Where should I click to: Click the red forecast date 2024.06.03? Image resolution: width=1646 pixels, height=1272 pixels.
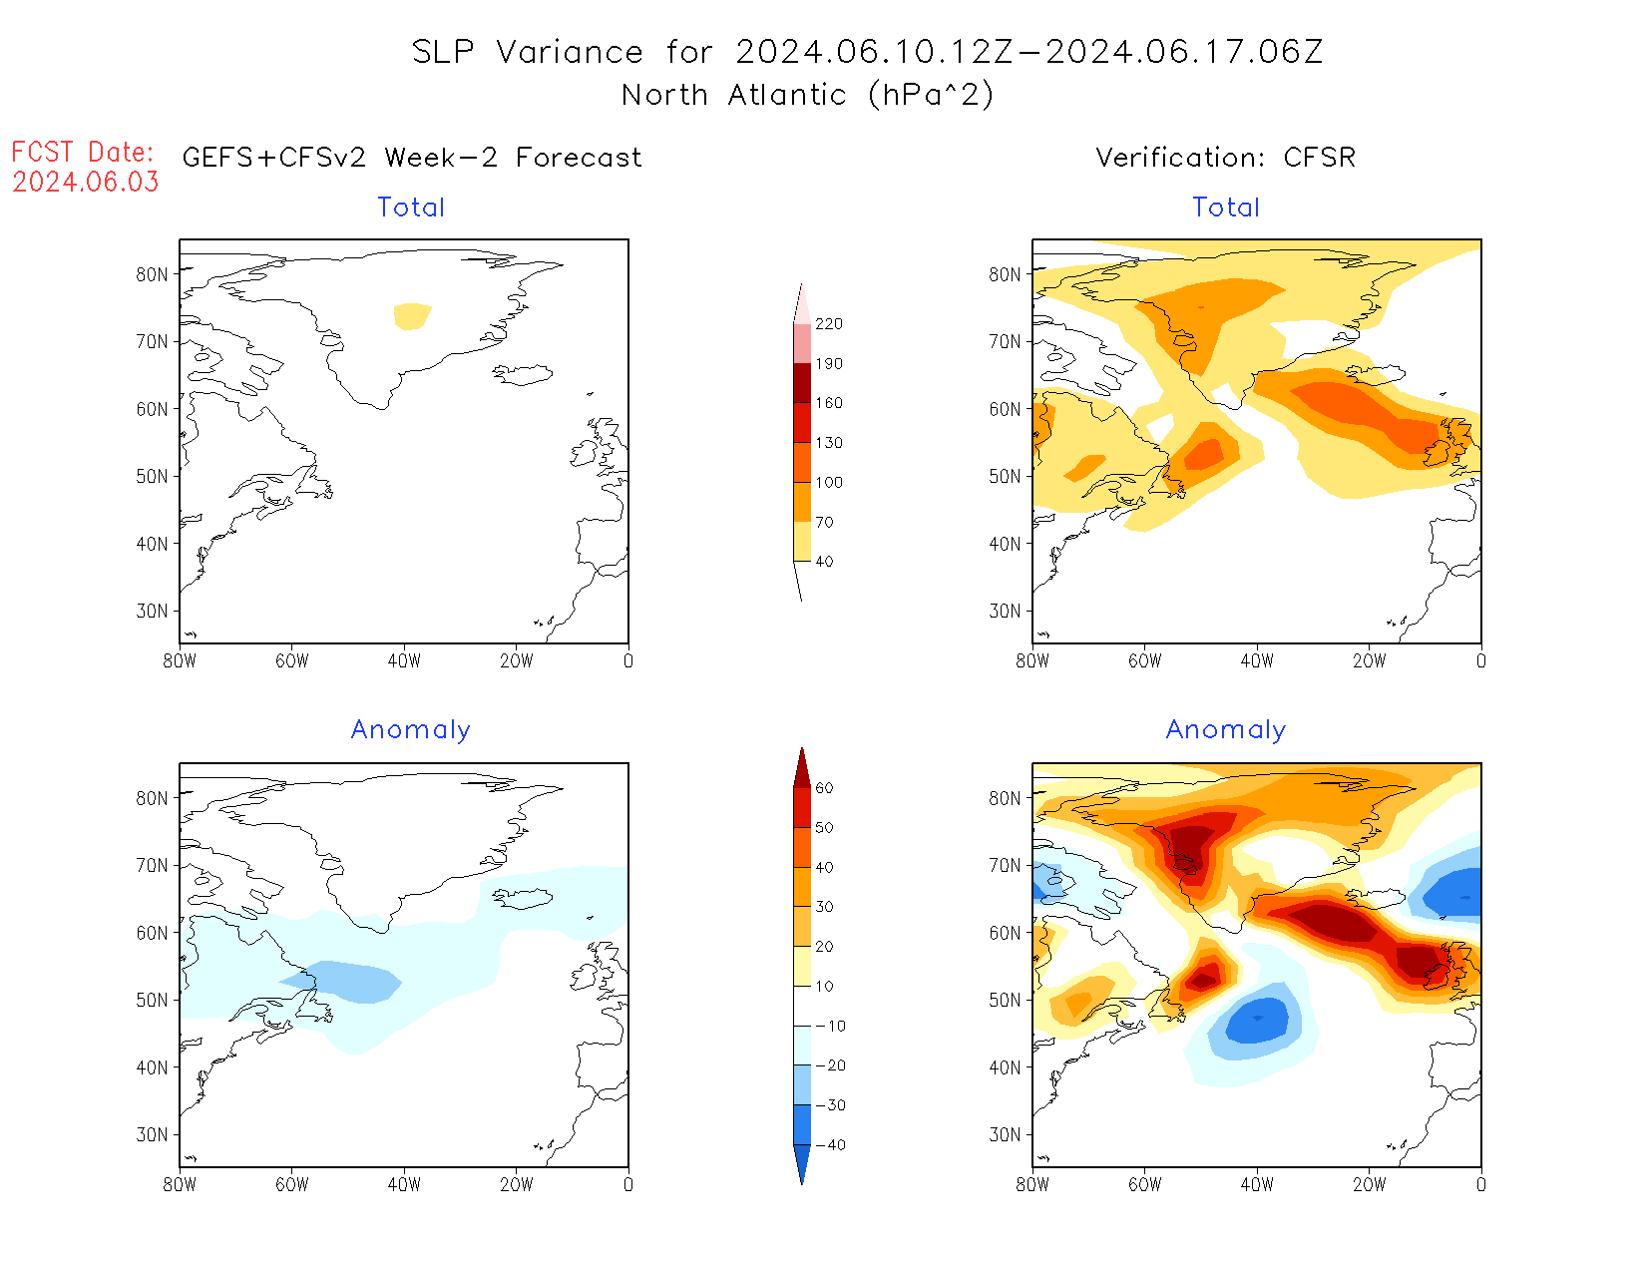(x=86, y=182)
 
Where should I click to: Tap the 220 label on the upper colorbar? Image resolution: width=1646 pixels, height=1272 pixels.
(x=828, y=324)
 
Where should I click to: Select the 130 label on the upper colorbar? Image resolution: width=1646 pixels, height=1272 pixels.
(x=828, y=443)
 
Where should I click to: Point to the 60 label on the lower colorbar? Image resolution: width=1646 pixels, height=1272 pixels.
(x=824, y=788)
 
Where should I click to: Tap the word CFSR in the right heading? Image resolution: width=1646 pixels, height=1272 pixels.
(x=1319, y=158)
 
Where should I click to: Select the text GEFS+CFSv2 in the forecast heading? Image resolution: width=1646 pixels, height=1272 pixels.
(x=274, y=158)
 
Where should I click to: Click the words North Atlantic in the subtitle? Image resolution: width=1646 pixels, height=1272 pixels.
(x=734, y=95)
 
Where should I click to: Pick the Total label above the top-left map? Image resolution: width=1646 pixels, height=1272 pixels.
(x=411, y=208)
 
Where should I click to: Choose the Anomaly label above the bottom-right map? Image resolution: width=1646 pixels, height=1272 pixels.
(x=1226, y=730)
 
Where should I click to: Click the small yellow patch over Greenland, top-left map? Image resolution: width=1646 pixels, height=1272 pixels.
(x=412, y=315)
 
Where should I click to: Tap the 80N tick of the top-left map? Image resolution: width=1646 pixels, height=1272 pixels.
(x=152, y=274)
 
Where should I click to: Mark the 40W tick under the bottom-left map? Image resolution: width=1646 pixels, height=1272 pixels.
(x=404, y=1185)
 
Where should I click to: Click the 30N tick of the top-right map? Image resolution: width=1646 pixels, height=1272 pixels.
(x=1005, y=611)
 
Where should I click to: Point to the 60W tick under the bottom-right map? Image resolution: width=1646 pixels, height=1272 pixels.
(x=1144, y=1185)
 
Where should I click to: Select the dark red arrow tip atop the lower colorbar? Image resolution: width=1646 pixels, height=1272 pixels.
(x=802, y=766)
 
